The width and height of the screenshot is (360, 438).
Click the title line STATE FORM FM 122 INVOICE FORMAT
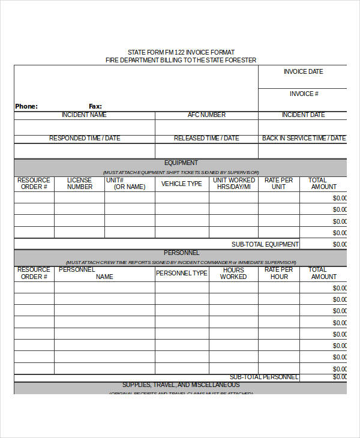pyautogui.click(x=181, y=52)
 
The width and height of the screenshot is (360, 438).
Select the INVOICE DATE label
pyautogui.click(x=303, y=71)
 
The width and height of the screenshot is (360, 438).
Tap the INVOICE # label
pyautogui.click(x=304, y=94)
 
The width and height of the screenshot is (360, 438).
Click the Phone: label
pyautogui.click(x=26, y=106)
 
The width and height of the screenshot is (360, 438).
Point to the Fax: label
pyautogui.click(x=95, y=106)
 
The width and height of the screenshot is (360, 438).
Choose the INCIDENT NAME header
pyautogui.click(x=84, y=115)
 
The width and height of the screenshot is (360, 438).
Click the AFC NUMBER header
pyautogui.click(x=206, y=115)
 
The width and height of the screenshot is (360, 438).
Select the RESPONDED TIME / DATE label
pyautogui.click(x=85, y=138)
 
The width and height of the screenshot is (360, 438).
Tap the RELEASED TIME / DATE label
pyautogui.click(x=206, y=138)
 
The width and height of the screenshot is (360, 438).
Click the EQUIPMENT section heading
pyautogui.click(x=181, y=163)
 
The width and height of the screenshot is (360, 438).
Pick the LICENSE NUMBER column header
pyautogui.click(x=80, y=183)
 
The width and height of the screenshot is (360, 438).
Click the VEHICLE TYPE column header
pyautogui.click(x=181, y=184)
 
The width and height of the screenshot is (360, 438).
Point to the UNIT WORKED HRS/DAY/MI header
pyautogui.click(x=233, y=183)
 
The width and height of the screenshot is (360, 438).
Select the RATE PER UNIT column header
pyautogui.click(x=278, y=183)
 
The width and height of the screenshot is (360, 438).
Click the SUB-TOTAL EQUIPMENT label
pyautogui.click(x=265, y=244)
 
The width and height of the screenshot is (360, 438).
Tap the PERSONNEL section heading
pyautogui.click(x=181, y=253)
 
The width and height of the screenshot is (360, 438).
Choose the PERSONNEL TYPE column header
pyautogui.click(x=181, y=273)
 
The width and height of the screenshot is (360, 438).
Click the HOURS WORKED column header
pyautogui.click(x=233, y=273)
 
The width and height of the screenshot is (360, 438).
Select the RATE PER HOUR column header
pyautogui.click(x=278, y=273)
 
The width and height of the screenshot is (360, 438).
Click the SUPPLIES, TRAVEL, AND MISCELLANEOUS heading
pyautogui.click(x=181, y=385)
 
